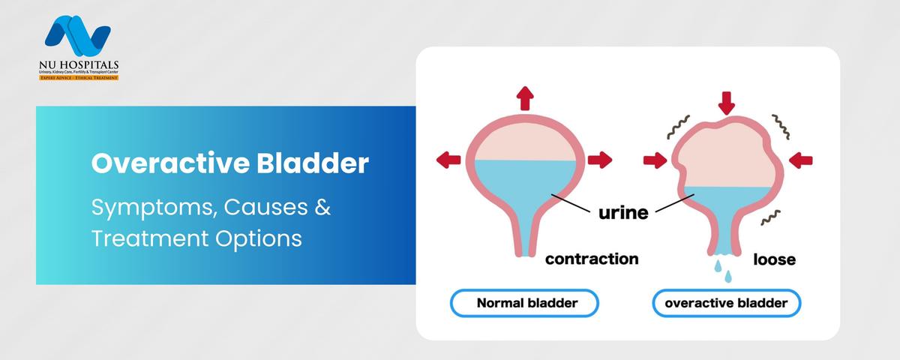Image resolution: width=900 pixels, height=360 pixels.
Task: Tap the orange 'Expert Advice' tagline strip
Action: click(79, 77)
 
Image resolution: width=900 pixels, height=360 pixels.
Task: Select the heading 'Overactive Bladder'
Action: click(230, 164)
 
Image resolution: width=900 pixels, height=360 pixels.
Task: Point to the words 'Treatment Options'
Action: click(196, 238)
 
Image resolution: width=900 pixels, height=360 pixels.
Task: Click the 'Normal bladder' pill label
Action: click(524, 304)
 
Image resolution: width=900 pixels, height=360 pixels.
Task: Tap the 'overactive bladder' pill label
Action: click(726, 304)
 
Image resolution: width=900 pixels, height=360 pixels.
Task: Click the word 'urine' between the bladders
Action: click(622, 212)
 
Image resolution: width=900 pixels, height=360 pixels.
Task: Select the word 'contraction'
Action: click(592, 259)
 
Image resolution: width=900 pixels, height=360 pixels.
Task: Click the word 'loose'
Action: click(774, 260)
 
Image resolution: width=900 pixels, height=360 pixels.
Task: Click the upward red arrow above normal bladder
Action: click(525, 97)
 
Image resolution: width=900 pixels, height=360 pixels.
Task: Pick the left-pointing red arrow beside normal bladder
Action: click(448, 159)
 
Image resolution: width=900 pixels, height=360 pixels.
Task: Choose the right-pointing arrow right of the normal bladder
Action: click(600, 159)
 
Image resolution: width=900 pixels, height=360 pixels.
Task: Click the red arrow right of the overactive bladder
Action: click(801, 159)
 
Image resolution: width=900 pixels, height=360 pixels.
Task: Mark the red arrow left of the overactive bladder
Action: click(655, 160)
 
